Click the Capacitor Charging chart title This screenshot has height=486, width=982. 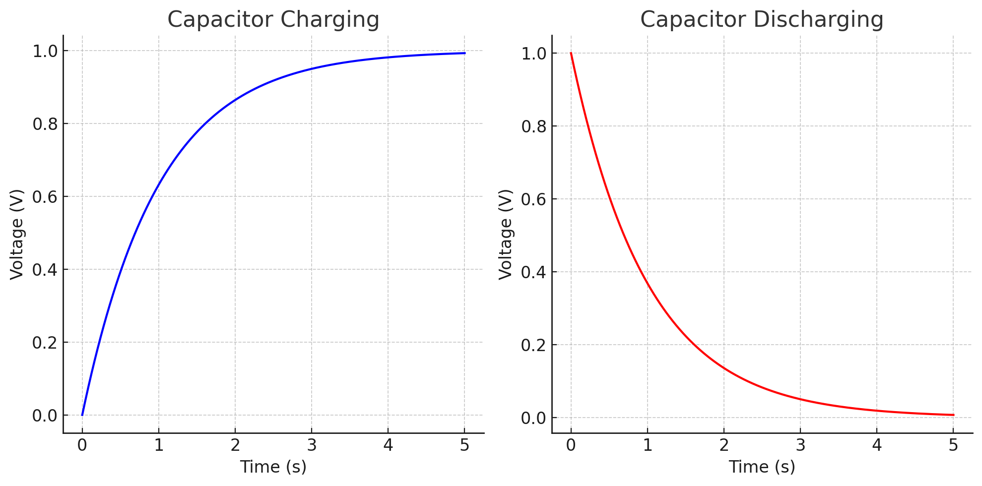coord(273,20)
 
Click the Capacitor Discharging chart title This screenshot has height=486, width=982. coord(762,20)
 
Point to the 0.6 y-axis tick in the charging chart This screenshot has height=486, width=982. coord(45,197)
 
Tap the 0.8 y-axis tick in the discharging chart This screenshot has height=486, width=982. coord(534,126)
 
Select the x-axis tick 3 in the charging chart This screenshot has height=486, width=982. coord(312,445)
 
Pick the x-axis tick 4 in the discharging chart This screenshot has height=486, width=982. coord(877,445)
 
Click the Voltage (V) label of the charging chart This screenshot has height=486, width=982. coord(17,234)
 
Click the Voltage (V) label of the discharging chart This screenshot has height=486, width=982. coord(506,234)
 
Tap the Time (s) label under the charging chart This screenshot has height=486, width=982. coord(273,467)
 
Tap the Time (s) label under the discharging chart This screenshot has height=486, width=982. coord(762,467)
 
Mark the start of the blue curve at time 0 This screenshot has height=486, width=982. coord(82,415)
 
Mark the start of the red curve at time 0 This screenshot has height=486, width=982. coord(571,53)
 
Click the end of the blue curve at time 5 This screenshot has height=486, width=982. coord(464,53)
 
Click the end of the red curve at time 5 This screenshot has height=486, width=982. coord(953,415)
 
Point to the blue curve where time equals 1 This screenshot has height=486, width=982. coord(159,184)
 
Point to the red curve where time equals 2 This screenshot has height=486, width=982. coord(724,368)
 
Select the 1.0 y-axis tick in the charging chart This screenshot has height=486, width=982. coord(45,51)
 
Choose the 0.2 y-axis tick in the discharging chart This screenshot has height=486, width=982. coord(534,345)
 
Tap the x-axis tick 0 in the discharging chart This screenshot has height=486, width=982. coord(571,445)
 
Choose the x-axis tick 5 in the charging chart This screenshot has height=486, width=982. coord(464,445)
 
